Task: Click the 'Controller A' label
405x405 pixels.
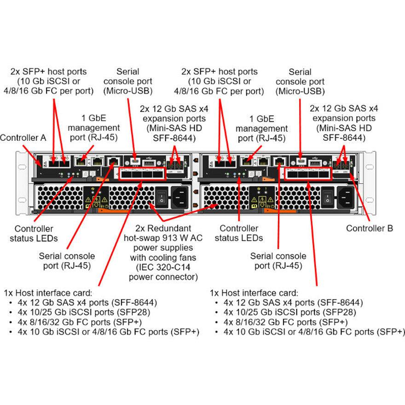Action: click(x=23, y=138)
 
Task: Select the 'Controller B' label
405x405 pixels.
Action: click(x=370, y=228)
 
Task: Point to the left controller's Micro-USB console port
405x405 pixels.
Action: click(x=135, y=162)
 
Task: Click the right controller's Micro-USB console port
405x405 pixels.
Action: click(x=301, y=162)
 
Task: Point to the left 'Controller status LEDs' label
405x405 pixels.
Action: click(x=34, y=233)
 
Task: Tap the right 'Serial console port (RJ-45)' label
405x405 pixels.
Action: click(x=278, y=260)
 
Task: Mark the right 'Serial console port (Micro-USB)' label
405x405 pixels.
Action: click(x=300, y=81)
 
